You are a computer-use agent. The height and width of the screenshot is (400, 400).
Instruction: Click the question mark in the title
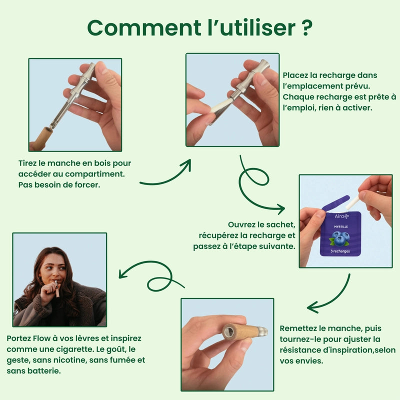(306, 27)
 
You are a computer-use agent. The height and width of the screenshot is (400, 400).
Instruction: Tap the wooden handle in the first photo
(43, 138)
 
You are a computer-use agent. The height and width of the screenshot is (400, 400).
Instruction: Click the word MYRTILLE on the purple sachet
(341, 226)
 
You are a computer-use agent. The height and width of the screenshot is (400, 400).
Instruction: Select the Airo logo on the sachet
(341, 216)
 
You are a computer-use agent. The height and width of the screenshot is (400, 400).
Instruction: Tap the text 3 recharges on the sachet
(340, 251)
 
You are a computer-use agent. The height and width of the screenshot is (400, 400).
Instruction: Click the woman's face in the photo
(53, 268)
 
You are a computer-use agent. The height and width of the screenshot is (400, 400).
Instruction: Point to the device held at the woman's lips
(57, 289)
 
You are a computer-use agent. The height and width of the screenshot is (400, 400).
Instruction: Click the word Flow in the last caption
(41, 338)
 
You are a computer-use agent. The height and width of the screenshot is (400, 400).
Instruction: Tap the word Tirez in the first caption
(27, 163)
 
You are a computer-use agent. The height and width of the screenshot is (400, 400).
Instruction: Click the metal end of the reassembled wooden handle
(262, 331)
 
